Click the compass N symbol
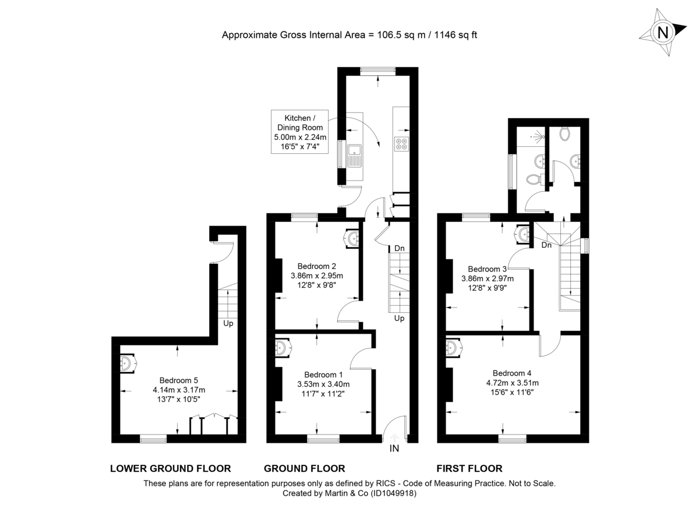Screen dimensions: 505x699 662,32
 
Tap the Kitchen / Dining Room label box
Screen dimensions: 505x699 299,132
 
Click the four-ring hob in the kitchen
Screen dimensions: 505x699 401,144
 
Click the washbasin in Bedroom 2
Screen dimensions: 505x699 354,237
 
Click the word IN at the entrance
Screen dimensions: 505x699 394,449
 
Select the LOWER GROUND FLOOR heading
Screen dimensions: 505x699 170,468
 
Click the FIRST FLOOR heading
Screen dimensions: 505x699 469,468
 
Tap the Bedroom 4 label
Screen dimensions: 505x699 512,373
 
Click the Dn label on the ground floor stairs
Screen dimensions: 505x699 399,249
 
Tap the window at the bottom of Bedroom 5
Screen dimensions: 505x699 153,439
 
